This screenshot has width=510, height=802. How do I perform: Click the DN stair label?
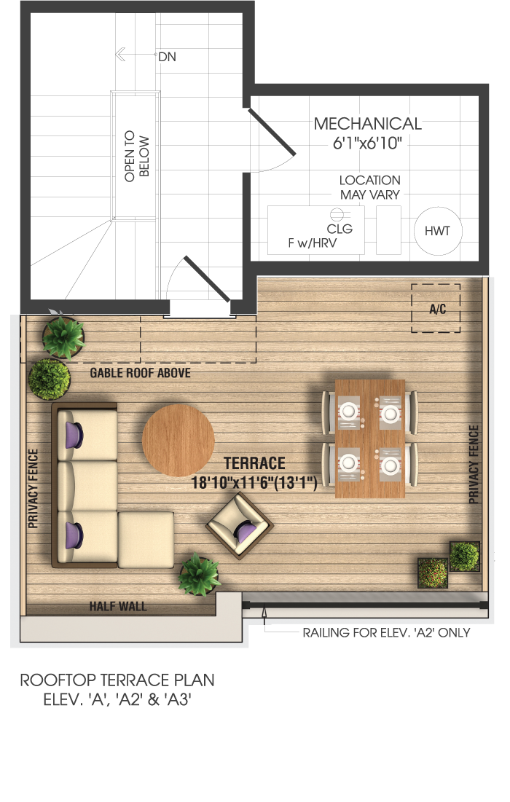[x=167, y=57]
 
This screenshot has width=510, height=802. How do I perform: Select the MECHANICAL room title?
[x=368, y=124]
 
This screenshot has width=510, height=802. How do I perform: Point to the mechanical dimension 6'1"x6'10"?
[x=367, y=144]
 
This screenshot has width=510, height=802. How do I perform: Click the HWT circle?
[x=437, y=231]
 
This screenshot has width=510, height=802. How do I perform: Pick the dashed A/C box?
[x=436, y=308]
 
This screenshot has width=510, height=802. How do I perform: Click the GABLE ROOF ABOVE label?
[x=140, y=373]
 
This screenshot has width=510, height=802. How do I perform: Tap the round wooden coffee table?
[x=178, y=440]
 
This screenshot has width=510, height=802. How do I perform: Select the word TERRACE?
[x=254, y=463]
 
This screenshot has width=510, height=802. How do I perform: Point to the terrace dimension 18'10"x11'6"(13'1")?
[x=254, y=483]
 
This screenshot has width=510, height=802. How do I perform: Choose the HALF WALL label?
[x=118, y=607]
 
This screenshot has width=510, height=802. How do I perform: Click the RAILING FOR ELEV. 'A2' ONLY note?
[x=386, y=633]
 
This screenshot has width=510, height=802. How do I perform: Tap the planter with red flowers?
[x=433, y=573]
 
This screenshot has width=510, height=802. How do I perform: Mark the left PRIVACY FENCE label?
[x=34, y=489]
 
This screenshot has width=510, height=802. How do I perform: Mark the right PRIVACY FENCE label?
[x=474, y=464]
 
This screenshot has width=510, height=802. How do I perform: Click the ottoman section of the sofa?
[x=146, y=540]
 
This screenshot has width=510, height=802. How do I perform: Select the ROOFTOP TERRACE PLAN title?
[x=117, y=680]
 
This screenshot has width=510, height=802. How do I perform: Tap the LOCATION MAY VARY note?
[x=370, y=187]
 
